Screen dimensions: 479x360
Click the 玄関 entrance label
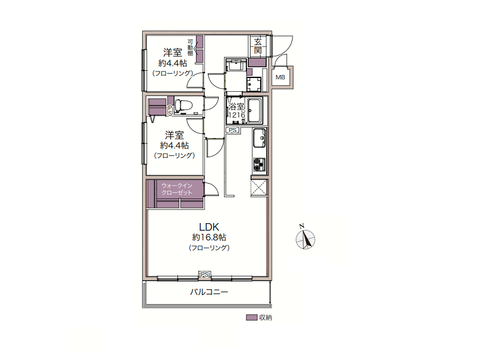point(258,46)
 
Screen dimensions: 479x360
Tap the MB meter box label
point(280,77)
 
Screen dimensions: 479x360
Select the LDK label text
point(209,227)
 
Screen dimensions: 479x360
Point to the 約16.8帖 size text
point(209,238)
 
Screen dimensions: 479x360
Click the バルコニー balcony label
point(209,292)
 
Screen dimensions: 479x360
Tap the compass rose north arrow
point(305,239)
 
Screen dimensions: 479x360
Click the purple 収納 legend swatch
point(251,317)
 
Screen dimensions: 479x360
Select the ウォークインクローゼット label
point(177,189)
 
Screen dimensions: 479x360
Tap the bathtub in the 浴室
point(254,110)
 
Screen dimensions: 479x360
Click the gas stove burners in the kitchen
point(259,165)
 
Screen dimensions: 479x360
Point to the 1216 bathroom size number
point(237,115)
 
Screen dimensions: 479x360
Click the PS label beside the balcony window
point(204,275)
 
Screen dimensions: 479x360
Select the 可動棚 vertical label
point(190,47)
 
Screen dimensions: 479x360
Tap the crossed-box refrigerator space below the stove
point(259,187)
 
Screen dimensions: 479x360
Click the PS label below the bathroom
point(233,130)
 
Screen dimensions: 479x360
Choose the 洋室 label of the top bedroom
point(173,52)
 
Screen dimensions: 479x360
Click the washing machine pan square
point(254,85)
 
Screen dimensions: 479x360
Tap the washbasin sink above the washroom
point(236,65)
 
